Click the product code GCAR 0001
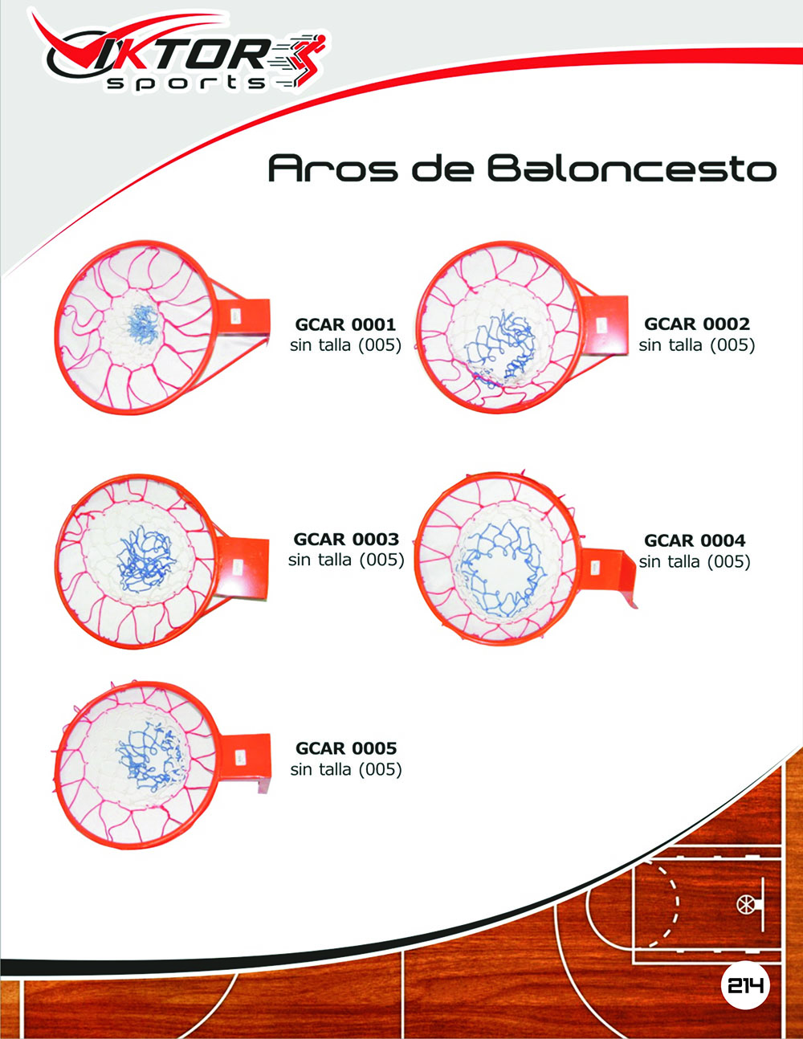click(x=345, y=325)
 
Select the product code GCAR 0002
click(x=696, y=324)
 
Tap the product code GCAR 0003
click(x=345, y=540)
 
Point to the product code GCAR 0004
click(x=695, y=541)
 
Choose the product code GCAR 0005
click(x=346, y=748)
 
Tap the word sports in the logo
click(x=186, y=83)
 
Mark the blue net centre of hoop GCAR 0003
click(x=143, y=559)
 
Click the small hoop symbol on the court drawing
click(x=746, y=904)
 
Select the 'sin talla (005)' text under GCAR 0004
click(x=695, y=562)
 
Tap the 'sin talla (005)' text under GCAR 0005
click(x=346, y=769)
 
